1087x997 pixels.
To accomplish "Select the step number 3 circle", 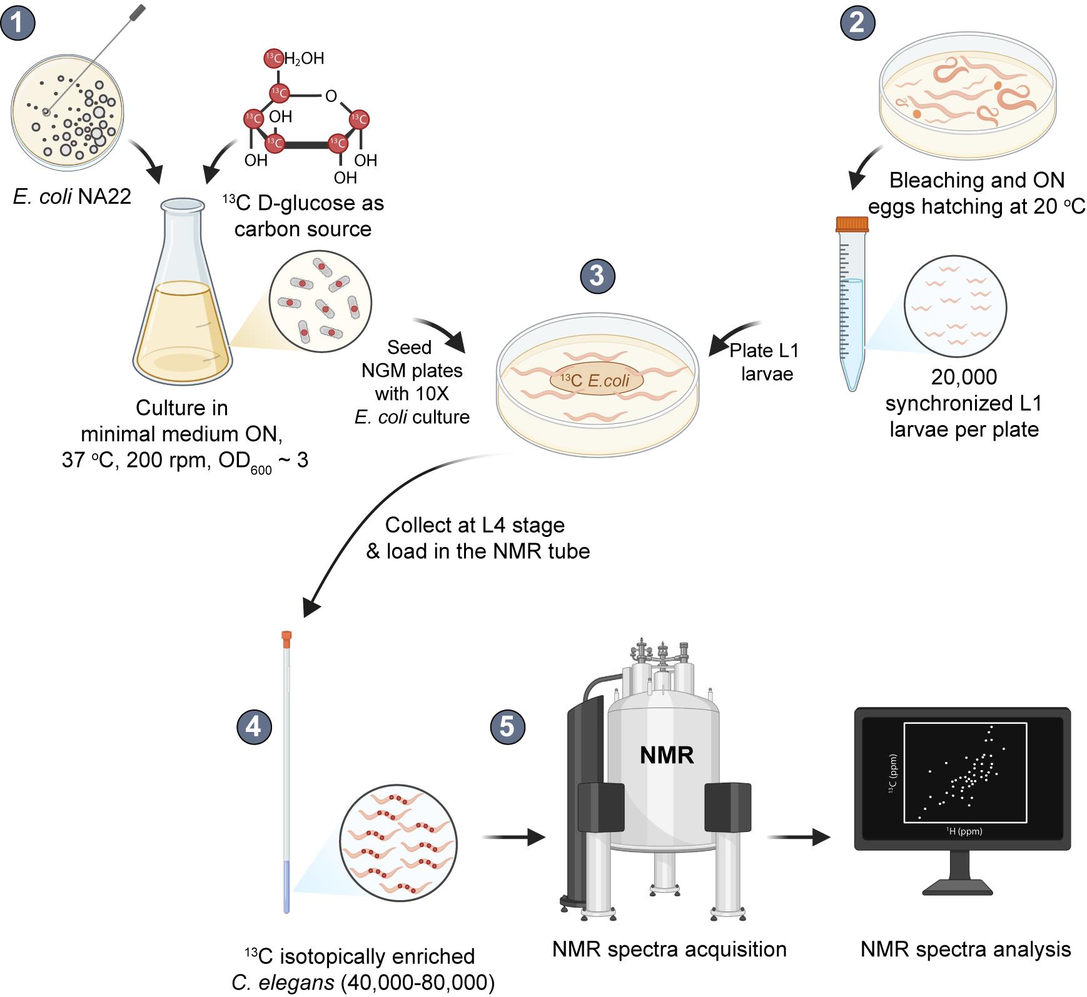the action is point(597,276).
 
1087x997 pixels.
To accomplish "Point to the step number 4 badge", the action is point(254,726).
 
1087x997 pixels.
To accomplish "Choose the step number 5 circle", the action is point(508,727).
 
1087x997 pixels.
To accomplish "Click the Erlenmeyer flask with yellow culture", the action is point(182,292).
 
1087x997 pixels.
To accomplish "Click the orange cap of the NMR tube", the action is point(287,639).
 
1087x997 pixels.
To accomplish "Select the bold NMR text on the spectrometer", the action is point(667,755).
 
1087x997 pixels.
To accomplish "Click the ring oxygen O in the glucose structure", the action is point(331,96).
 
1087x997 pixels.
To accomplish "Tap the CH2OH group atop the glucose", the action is point(296,58).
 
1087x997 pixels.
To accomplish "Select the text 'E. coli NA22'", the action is point(72,196).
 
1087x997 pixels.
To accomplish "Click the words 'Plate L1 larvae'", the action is point(764,362).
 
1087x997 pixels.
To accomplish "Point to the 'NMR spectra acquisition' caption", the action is point(669,949).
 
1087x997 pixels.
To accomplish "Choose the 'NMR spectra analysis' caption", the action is point(966,949).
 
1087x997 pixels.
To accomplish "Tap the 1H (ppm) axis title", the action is point(964,831).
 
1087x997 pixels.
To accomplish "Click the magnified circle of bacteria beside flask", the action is point(320,303).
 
